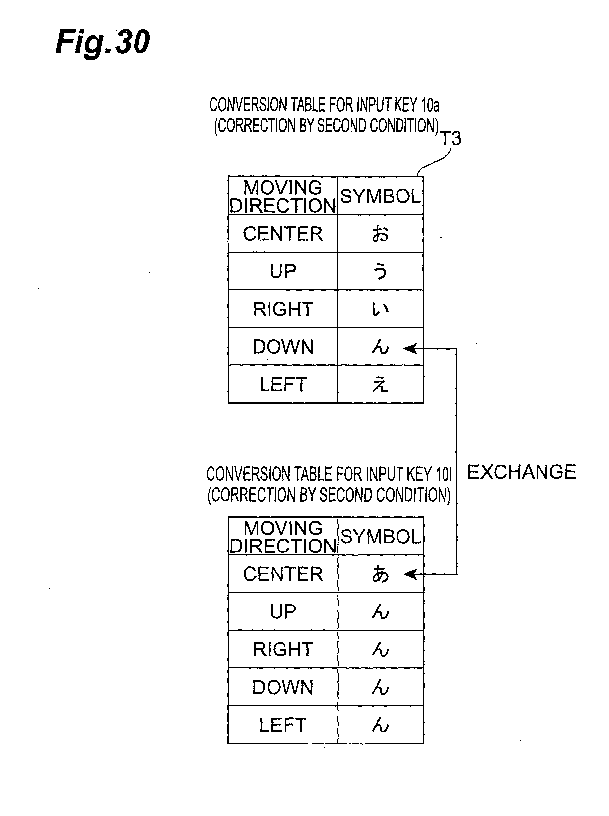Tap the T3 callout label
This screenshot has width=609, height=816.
tap(451, 139)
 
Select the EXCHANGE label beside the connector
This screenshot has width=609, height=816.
tap(521, 472)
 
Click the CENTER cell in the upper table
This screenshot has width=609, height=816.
tap(283, 234)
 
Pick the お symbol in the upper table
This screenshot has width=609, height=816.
tap(380, 234)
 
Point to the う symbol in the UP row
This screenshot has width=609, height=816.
tap(380, 271)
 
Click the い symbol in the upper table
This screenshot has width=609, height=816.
tap(380, 309)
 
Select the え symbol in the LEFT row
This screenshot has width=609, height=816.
tap(380, 385)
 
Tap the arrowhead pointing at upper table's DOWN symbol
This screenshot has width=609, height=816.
tap(411, 348)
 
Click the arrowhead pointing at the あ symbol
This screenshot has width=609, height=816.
tap(411, 574)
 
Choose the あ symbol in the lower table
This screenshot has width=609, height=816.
tap(380, 574)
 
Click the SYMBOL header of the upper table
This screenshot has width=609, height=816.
tap(380, 196)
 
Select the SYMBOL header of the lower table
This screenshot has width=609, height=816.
tap(380, 537)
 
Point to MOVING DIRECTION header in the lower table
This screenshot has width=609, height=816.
tap(283, 537)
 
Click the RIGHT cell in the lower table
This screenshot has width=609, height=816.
tap(283, 649)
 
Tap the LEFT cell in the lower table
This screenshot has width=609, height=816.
tap(283, 725)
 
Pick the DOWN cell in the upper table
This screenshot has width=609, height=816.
tap(283, 347)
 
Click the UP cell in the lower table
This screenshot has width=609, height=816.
tap(283, 612)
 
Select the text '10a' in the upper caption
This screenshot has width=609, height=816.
tap(430, 105)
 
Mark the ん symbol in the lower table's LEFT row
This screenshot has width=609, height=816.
tap(380, 725)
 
